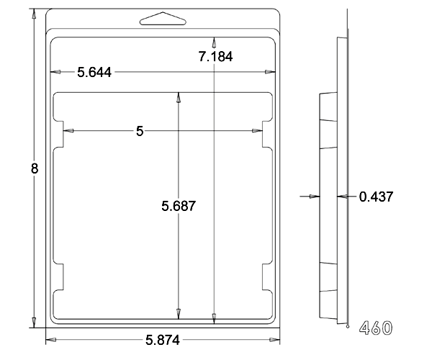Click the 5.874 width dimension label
point(163,340)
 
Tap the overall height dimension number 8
point(35,168)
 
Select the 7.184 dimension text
point(215,56)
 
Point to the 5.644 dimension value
point(94,73)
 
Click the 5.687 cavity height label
point(179,206)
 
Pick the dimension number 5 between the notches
point(140,131)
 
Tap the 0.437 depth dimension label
point(377,197)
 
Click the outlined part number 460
point(376,328)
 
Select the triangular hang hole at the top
point(163,19)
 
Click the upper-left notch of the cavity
point(59,134)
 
